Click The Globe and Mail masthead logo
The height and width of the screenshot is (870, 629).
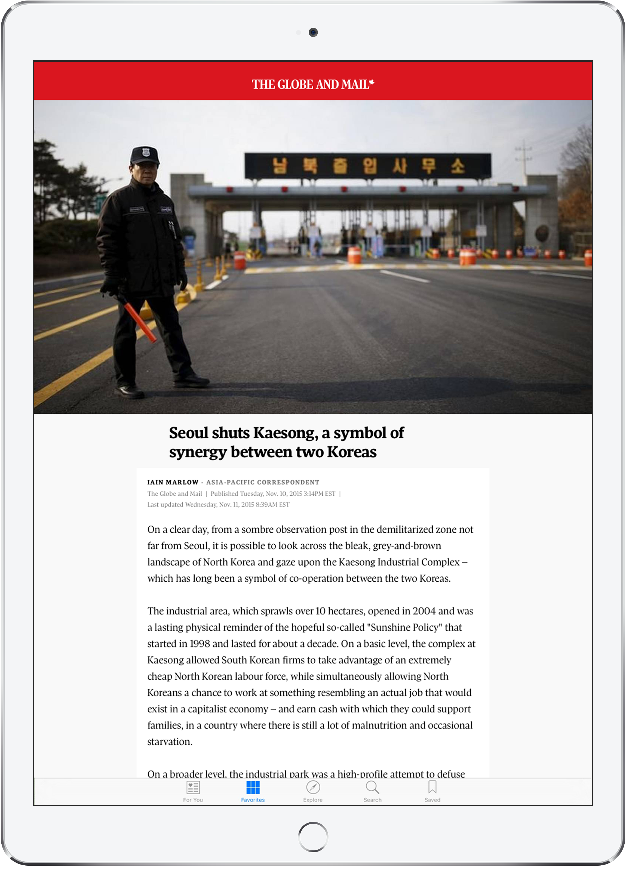point(313,84)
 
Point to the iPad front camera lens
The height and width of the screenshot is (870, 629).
point(313,33)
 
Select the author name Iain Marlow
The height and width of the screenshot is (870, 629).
point(173,482)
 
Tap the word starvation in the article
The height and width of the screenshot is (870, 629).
point(170,742)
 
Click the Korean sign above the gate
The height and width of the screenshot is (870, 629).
point(368,166)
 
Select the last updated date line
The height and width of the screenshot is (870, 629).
point(218,505)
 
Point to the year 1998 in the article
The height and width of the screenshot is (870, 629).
point(200,644)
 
